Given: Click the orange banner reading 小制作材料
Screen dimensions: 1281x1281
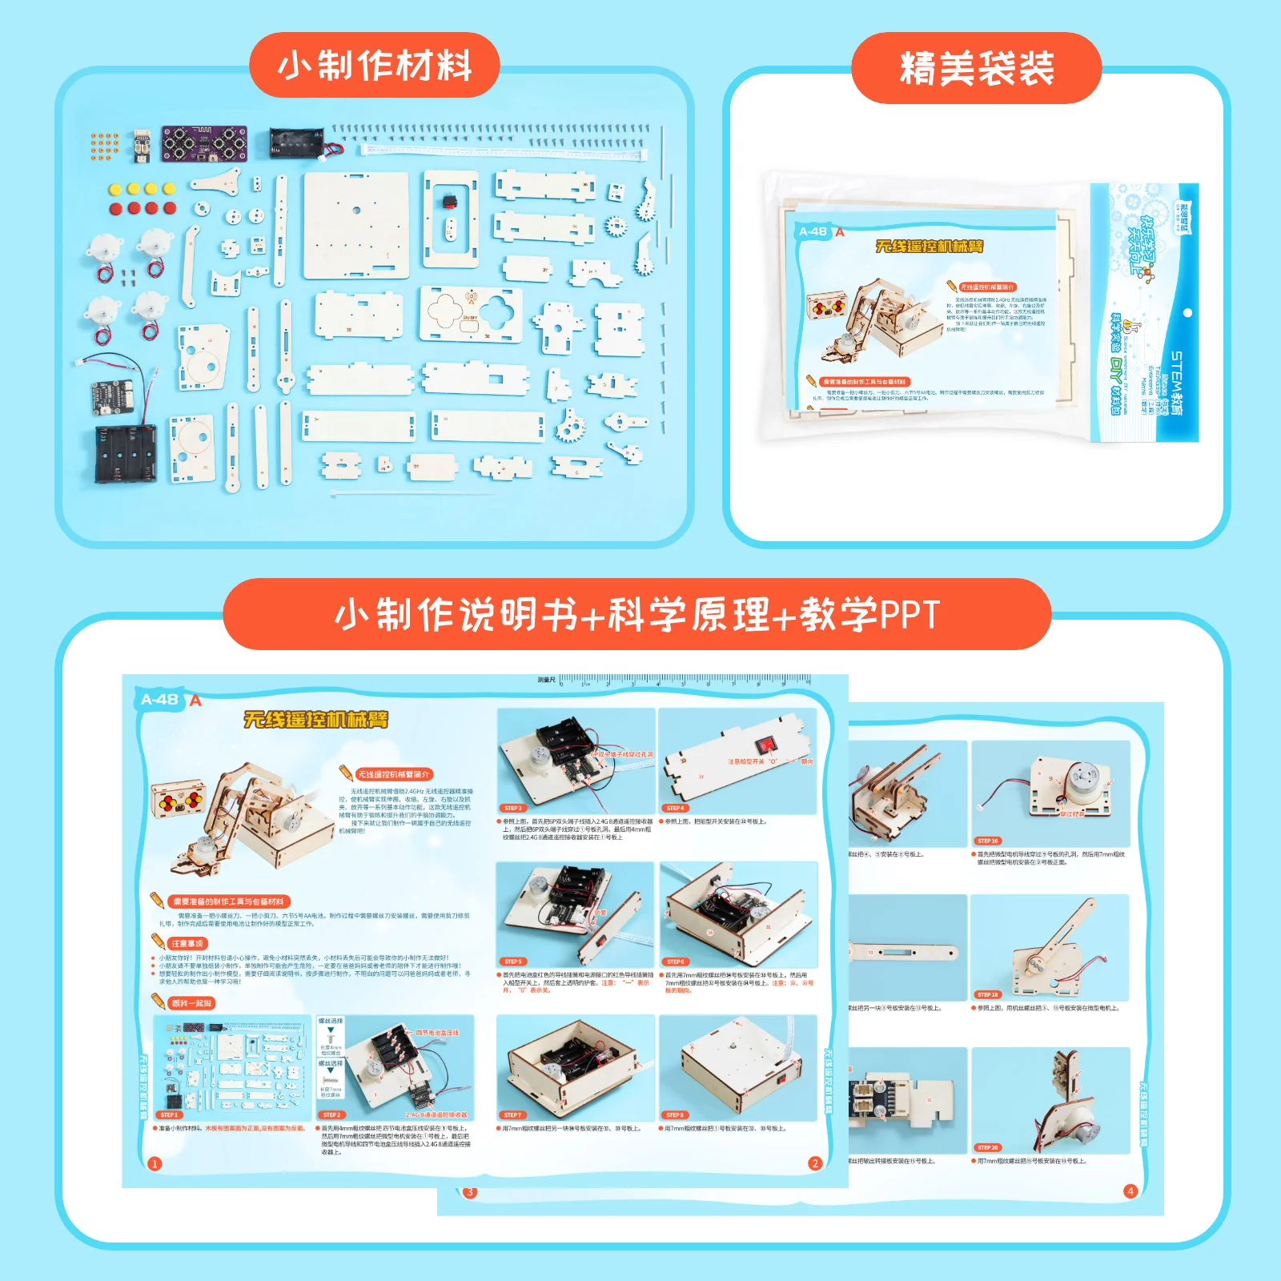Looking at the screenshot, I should pyautogui.click(x=375, y=66).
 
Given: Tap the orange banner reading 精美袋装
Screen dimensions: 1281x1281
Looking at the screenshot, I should pyautogui.click(x=976, y=68).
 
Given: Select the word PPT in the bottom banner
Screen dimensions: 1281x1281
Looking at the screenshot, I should pyautogui.click(x=910, y=615).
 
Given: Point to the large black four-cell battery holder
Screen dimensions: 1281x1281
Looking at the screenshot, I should pyautogui.click(x=125, y=453).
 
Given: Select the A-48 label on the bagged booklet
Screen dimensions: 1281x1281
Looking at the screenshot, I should pyautogui.click(x=813, y=231).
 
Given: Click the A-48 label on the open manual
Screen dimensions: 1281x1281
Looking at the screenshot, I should pyautogui.click(x=159, y=700).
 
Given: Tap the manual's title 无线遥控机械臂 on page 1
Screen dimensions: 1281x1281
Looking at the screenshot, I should pyautogui.click(x=315, y=719).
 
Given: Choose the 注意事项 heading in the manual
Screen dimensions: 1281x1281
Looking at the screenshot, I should pyautogui.click(x=188, y=944).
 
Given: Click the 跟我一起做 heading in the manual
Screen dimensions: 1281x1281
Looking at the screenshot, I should pyautogui.click(x=192, y=1003).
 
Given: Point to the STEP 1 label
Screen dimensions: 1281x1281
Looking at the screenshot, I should pyautogui.click(x=169, y=1114).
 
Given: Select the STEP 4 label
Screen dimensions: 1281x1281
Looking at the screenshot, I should pyautogui.click(x=675, y=808).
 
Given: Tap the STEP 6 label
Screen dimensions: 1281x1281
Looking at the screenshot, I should pyautogui.click(x=675, y=962).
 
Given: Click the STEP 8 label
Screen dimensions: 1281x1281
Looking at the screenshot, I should pyautogui.click(x=675, y=1114).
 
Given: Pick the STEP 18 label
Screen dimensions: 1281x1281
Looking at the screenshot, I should pyautogui.click(x=987, y=994).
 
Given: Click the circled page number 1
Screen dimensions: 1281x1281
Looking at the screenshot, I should pyautogui.click(x=155, y=1164).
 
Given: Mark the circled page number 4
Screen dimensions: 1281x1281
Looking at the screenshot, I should pyautogui.click(x=1130, y=1191).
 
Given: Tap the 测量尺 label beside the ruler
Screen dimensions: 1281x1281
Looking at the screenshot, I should pyautogui.click(x=546, y=681).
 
